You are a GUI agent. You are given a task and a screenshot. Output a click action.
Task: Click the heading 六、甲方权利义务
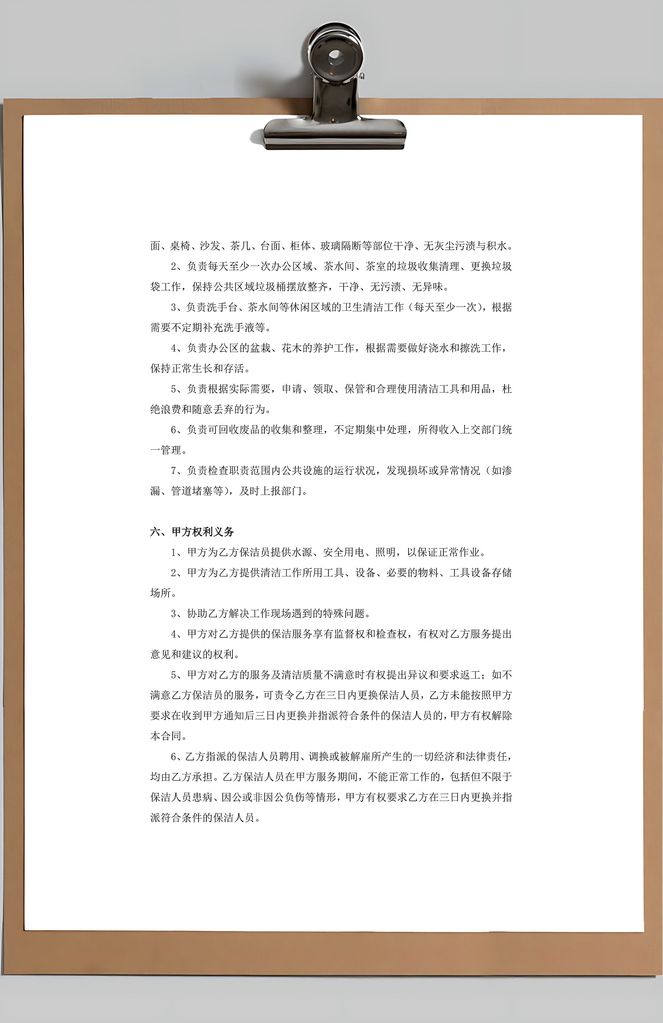click(x=192, y=532)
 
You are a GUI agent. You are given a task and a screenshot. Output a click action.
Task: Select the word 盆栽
click(x=260, y=348)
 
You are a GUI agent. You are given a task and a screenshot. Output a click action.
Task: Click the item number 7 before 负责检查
click(x=174, y=471)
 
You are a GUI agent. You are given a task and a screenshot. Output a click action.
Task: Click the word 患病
click(x=202, y=797)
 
